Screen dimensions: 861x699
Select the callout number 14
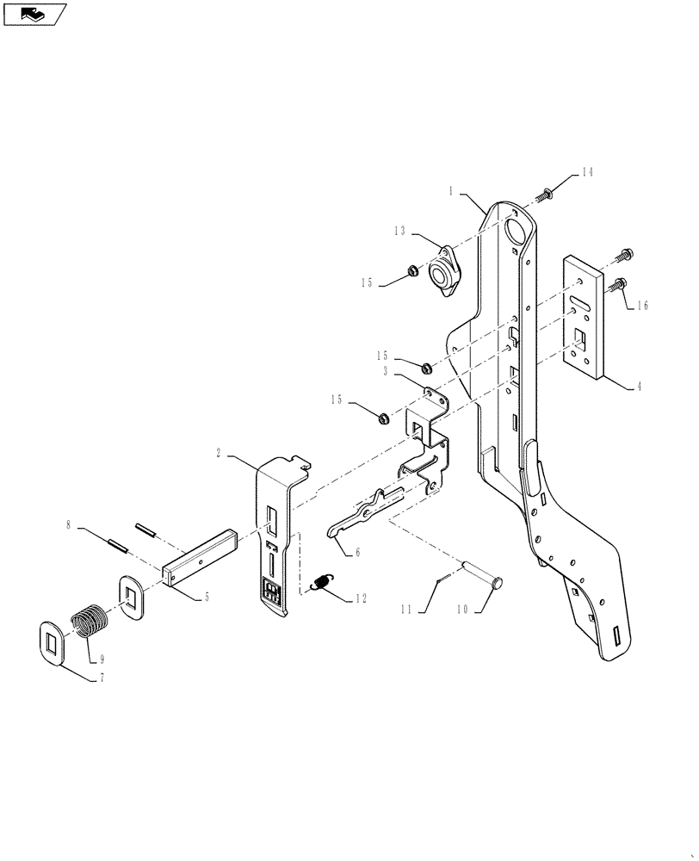point(586,172)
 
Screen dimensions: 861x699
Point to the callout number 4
point(638,387)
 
